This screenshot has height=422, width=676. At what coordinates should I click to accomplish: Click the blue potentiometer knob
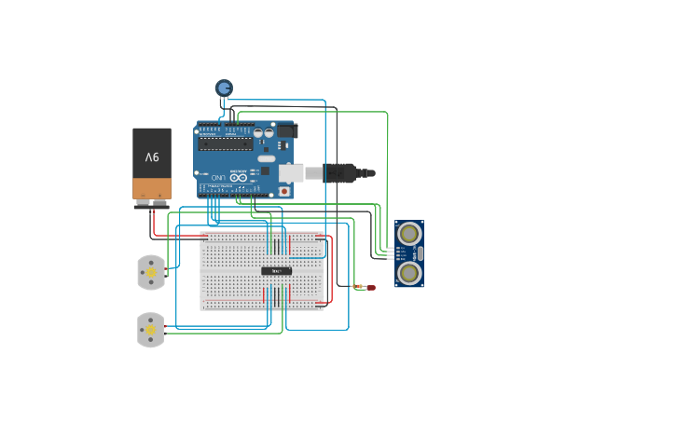tap(224, 88)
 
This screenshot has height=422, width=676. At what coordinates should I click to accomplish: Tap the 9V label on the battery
tap(151, 158)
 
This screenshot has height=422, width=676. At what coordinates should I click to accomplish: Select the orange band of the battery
tap(151, 189)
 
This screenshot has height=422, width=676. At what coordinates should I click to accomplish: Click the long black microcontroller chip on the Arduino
tap(225, 143)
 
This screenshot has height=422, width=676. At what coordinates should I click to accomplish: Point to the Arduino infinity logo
tap(239, 177)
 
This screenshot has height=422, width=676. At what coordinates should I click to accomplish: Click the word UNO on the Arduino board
tap(216, 177)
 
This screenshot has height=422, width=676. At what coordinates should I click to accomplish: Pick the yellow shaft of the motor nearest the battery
tap(150, 272)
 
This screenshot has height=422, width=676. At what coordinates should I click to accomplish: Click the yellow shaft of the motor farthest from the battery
tap(150, 330)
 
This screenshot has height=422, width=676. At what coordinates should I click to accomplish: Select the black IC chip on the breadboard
tap(276, 271)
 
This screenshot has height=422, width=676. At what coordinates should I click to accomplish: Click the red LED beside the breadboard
tap(370, 288)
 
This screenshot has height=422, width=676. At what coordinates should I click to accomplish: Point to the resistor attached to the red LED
tap(356, 287)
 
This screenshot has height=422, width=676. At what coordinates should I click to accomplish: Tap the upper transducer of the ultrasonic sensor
tap(409, 235)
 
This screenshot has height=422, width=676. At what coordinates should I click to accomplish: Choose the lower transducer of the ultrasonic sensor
tap(409, 272)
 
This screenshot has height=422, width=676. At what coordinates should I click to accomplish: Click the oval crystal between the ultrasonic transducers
tap(420, 253)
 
